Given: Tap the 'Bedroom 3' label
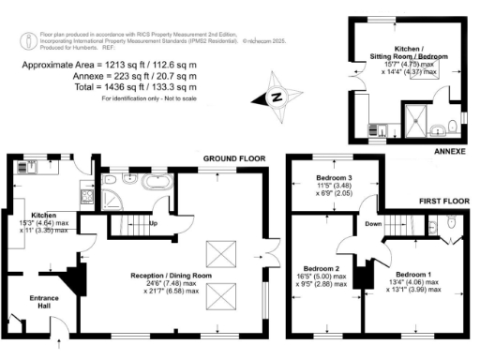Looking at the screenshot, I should coord(335,178).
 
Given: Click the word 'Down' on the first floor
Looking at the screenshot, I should coord(372,224).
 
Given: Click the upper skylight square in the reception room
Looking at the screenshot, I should coord(220,251).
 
